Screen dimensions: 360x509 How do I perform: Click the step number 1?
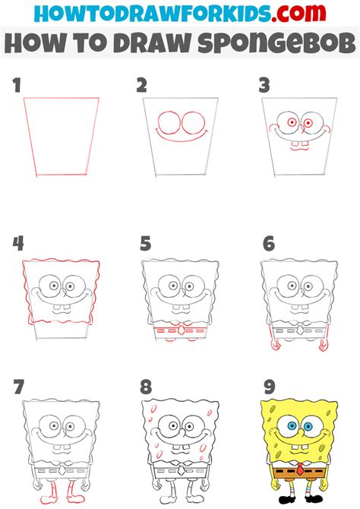17,85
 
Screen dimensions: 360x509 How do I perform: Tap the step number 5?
145,244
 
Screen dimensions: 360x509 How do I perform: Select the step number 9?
270,387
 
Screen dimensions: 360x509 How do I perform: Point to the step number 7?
18,387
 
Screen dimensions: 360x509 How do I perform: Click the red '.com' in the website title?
298,13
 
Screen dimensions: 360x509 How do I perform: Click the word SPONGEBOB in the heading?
277,43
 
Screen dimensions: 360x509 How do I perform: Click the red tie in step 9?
301,469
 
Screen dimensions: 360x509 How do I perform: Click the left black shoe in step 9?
287,500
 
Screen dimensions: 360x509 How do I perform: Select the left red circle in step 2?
169,123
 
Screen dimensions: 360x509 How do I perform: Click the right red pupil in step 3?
308,123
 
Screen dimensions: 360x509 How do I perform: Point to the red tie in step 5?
181,330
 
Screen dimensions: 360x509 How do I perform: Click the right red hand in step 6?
324,345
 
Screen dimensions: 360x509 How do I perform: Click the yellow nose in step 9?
301,432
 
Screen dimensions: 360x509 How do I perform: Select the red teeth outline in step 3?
299,146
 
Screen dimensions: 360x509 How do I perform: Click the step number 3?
264,85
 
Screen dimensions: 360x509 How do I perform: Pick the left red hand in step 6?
276,345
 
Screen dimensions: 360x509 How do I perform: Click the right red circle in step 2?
194,123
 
